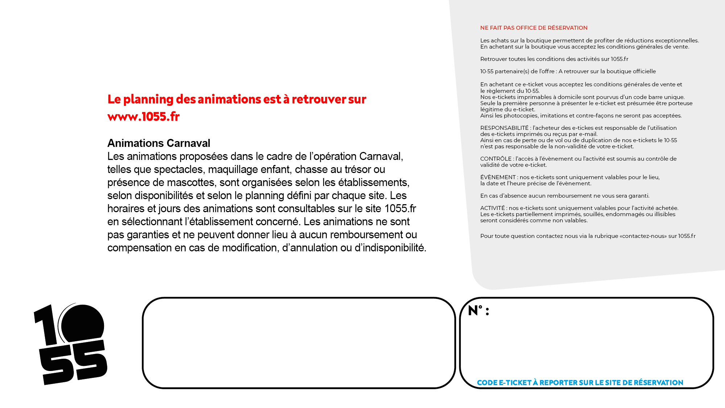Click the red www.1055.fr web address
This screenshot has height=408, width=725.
coord(144,116)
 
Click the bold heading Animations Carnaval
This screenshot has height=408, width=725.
coord(159,143)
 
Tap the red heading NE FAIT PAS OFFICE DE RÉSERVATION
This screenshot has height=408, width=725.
coord(534,28)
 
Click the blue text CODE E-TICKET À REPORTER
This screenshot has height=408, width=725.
coord(580,383)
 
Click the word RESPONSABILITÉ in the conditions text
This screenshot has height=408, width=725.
coord(504,128)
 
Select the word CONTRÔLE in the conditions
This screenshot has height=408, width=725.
coord(496,159)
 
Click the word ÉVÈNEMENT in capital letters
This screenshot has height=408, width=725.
coord(498,177)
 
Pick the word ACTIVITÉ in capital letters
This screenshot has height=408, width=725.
coord(492,208)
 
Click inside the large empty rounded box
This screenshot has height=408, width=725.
coord(299,343)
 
